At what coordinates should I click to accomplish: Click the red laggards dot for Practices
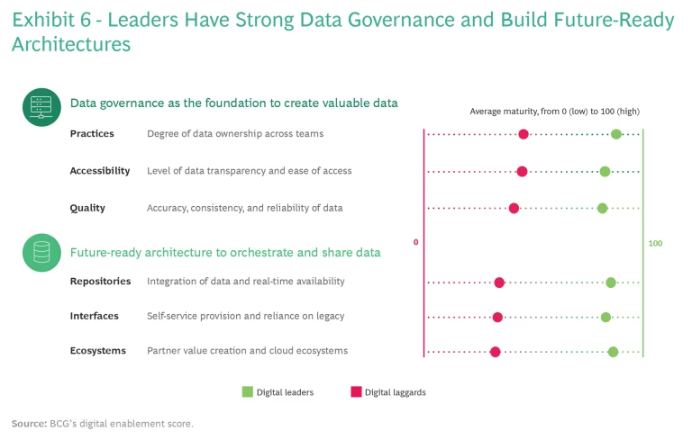point(524,135)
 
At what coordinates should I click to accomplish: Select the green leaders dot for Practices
point(616,134)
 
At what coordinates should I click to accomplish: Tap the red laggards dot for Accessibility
point(522,171)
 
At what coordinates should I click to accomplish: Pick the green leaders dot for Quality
point(603,208)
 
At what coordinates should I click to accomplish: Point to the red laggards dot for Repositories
point(499,283)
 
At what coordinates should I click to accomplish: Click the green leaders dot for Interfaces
point(605,317)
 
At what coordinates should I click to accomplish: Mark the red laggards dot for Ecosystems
point(495,351)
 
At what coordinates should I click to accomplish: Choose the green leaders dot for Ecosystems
point(613,351)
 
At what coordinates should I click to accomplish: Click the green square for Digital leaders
point(247,391)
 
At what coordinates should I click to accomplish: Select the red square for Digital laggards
point(356,391)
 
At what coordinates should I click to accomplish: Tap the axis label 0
point(415,243)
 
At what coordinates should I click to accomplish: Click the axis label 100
point(655,244)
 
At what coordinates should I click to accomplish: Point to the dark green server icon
point(41,107)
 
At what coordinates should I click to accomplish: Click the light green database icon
point(41,253)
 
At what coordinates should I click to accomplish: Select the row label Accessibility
point(100,171)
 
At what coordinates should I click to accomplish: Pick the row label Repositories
point(100,282)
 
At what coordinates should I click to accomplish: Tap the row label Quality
point(87,208)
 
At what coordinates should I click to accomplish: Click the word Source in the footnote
point(29,423)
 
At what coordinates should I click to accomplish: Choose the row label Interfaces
point(94,317)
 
